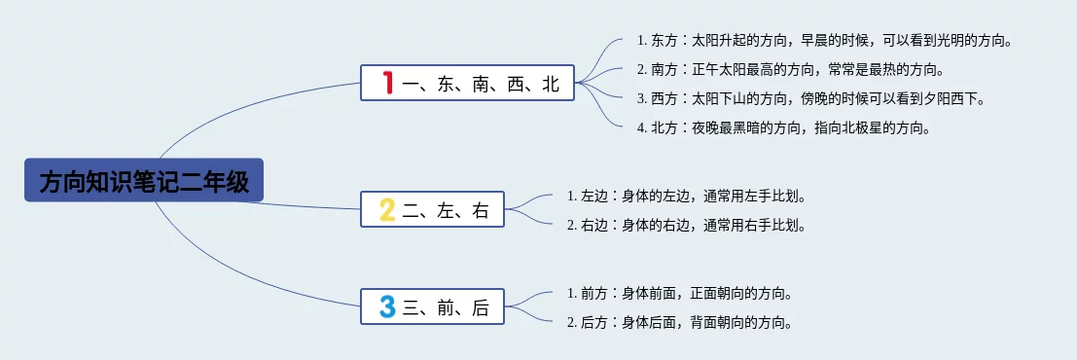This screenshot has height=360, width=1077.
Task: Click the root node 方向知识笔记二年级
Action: tap(144, 180)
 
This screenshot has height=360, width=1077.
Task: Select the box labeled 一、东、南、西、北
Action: tap(467, 83)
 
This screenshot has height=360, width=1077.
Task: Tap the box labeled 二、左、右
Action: tap(433, 209)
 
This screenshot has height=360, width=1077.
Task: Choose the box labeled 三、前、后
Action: tap(433, 306)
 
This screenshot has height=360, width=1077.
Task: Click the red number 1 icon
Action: tap(388, 83)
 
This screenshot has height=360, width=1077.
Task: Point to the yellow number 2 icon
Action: tap(387, 209)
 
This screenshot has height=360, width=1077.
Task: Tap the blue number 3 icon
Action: tap(387, 306)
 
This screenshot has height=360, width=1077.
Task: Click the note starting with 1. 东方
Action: tap(825, 41)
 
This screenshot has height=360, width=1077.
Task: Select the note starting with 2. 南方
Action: tap(791, 69)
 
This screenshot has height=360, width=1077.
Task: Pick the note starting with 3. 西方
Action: tap(811, 99)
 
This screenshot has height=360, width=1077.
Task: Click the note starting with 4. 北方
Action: tap(784, 128)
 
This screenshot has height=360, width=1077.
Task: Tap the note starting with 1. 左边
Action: tap(686, 196)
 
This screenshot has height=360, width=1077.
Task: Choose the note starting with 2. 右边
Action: tap(686, 225)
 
